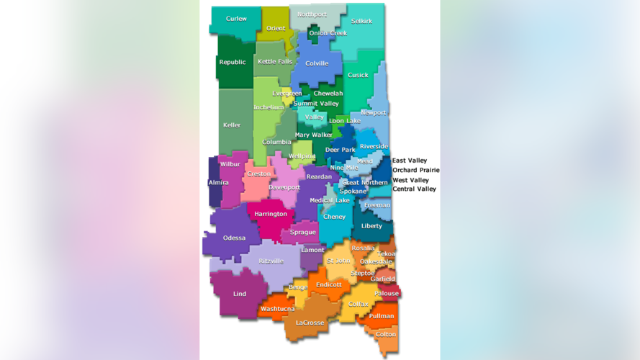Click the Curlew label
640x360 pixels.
236,19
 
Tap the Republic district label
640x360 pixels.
232,62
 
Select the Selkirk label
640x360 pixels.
361,22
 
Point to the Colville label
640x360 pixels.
317,63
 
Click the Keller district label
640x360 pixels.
232,125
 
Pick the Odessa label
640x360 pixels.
234,238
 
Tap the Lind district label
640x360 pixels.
239,294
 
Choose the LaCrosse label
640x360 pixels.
310,323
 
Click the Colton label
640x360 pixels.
385,334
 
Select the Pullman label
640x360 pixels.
382,316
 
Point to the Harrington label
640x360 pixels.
271,214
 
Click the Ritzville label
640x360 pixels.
271,261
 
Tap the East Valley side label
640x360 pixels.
409,161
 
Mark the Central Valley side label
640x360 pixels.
414,189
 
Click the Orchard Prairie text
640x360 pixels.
415,170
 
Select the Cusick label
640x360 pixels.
358,75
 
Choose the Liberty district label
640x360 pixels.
371,226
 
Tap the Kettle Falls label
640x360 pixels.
275,62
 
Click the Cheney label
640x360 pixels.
334,217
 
